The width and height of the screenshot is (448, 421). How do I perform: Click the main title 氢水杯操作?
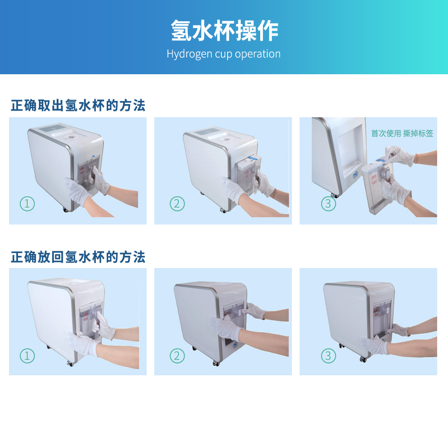pyautogui.click(x=224, y=31)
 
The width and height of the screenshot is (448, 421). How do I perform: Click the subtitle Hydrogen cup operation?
pyautogui.click(x=224, y=54)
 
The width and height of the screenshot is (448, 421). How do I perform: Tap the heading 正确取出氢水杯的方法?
pyautogui.click(x=78, y=105)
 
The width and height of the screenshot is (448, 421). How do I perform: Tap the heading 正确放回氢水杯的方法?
pyautogui.click(x=78, y=257)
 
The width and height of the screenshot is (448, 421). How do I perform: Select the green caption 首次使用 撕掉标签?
pyautogui.click(x=402, y=133)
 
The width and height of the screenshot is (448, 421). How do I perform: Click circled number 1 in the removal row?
pyautogui.click(x=27, y=204)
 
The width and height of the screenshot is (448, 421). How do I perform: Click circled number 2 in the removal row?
pyautogui.click(x=177, y=204)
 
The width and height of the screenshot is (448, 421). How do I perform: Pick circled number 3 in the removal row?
pyautogui.click(x=328, y=204)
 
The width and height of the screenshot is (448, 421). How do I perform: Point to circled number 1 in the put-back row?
pyautogui.click(x=27, y=356)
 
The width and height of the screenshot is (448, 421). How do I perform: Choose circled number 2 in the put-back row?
pyautogui.click(x=177, y=356)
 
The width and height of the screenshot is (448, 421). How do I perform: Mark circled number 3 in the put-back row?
pyautogui.click(x=328, y=356)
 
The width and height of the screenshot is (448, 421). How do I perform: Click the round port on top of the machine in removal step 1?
pyautogui.click(x=70, y=138)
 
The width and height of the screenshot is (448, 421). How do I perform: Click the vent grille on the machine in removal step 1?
pyautogui.click(x=54, y=128)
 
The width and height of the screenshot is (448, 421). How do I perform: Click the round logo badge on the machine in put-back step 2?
pyautogui.click(x=235, y=345)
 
